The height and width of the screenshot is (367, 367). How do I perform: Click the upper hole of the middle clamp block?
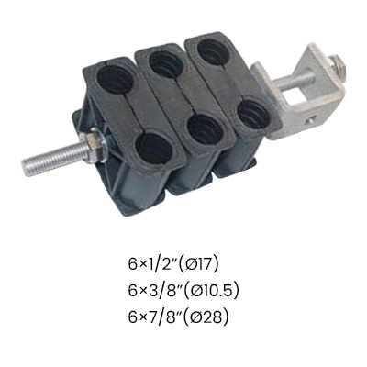pos(167,64)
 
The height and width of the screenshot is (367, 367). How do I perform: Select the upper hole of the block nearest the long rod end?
pos(116,79)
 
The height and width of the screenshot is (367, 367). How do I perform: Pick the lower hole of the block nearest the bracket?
pos(253,114)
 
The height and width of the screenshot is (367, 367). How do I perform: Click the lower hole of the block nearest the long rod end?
pos(154,149)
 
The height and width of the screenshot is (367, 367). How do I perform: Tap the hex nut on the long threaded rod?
pos(93,143)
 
